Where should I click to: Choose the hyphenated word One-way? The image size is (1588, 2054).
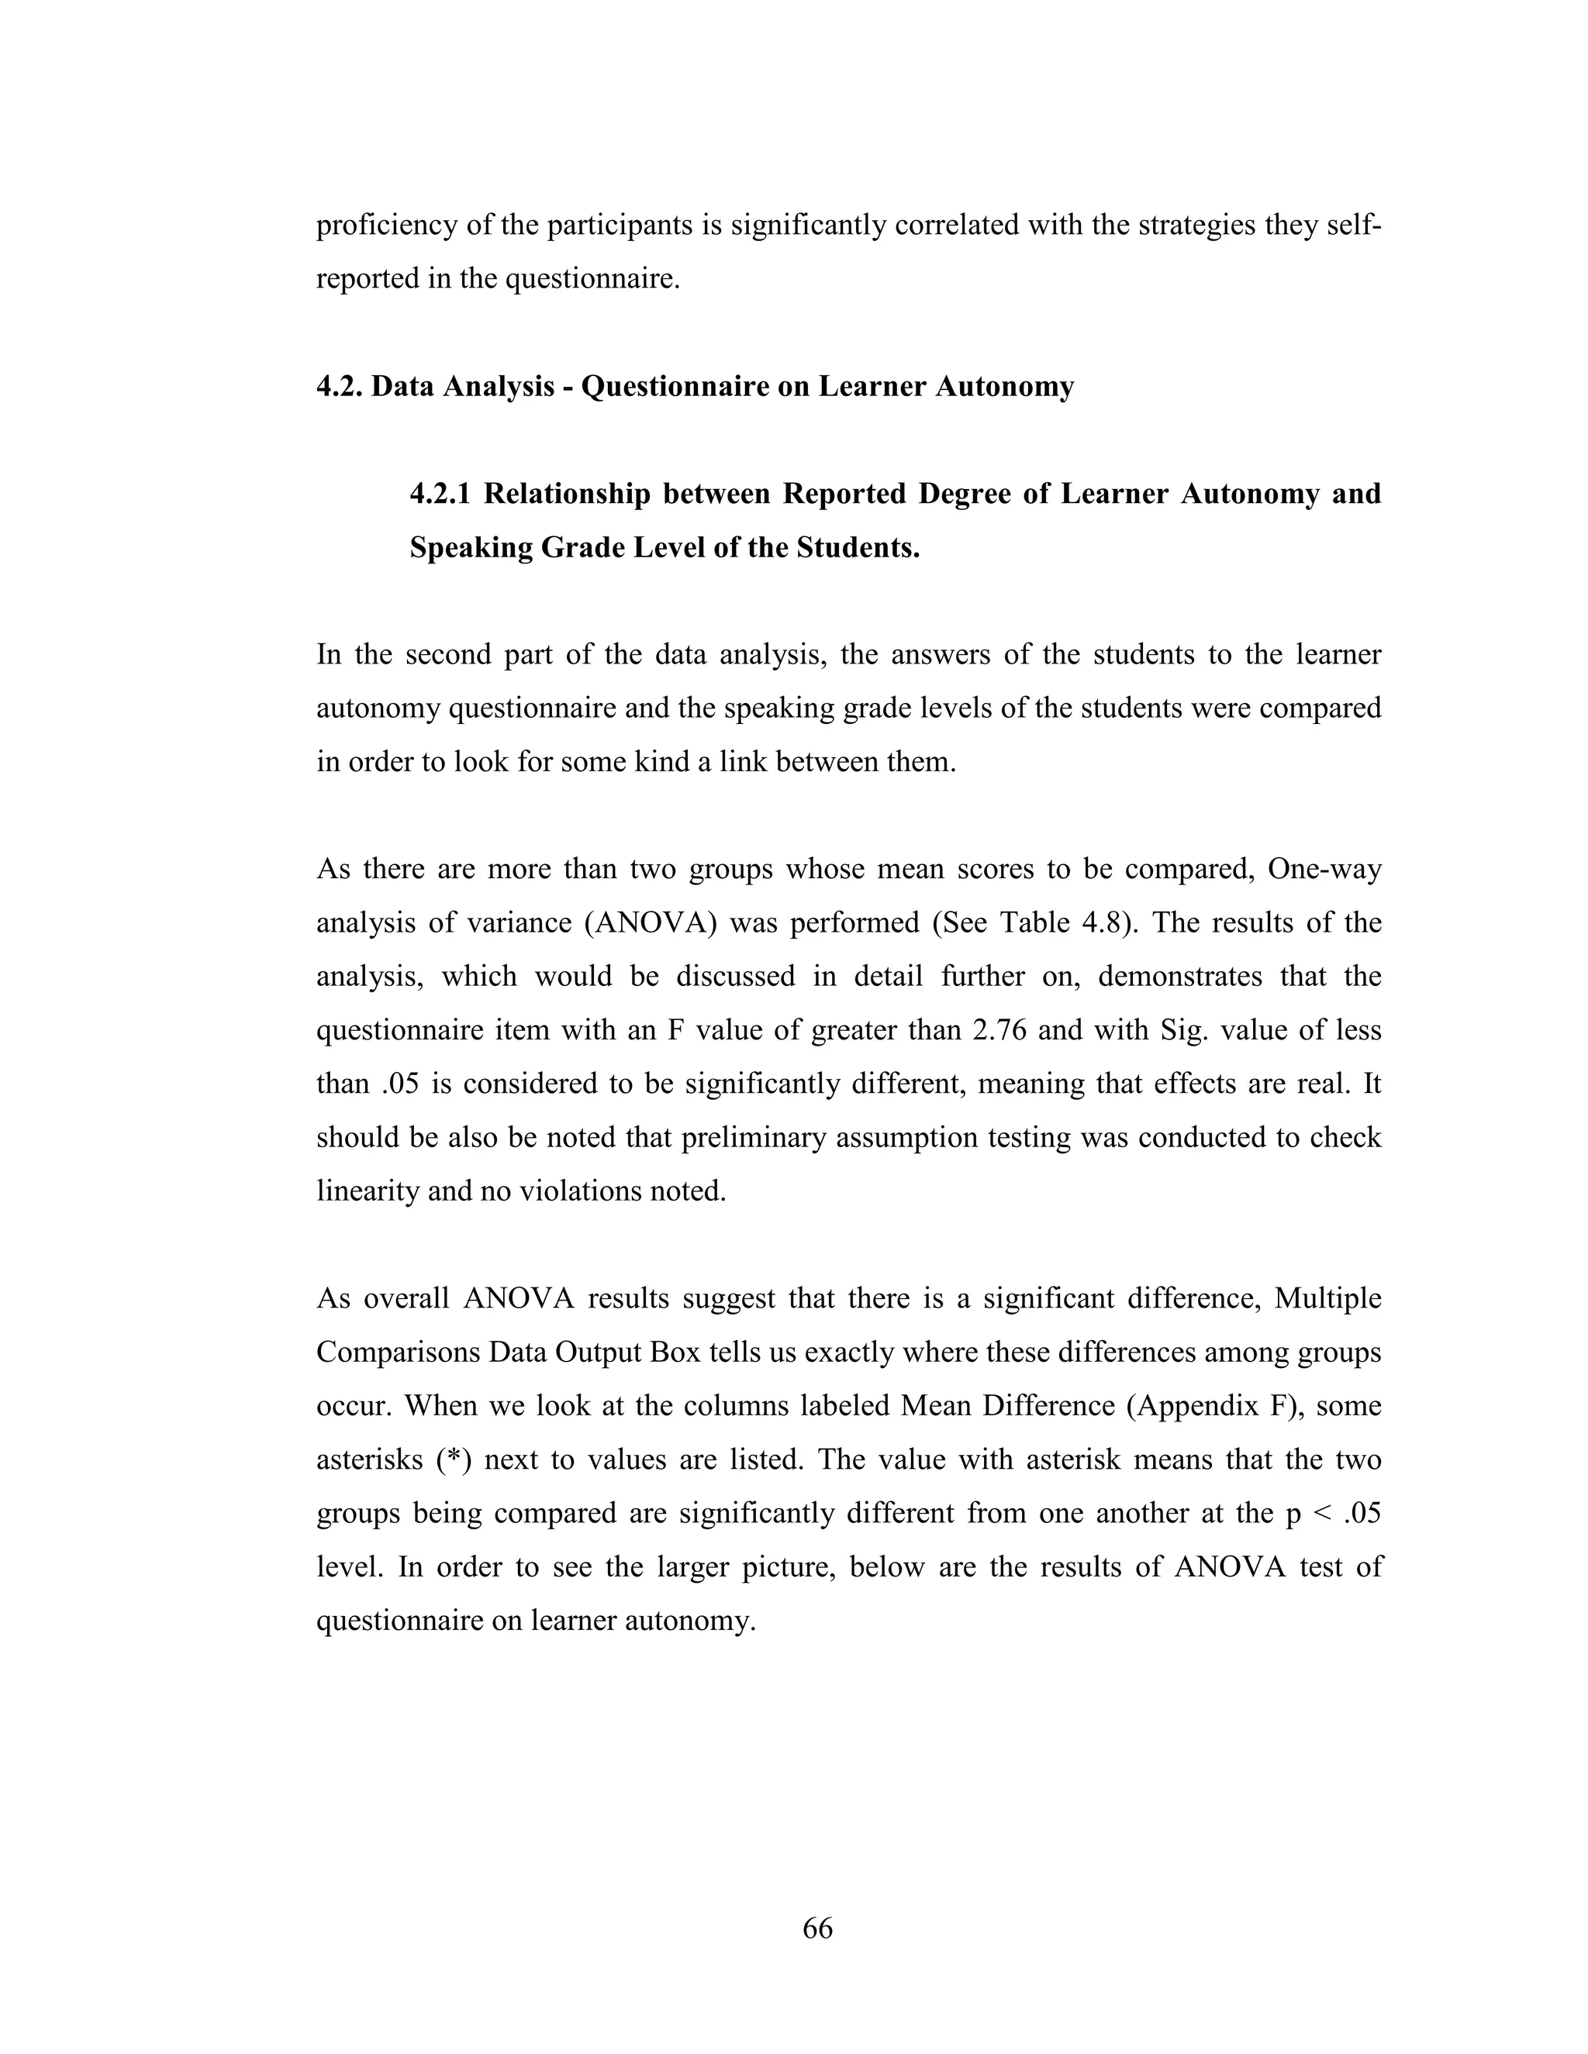[x=1324, y=869]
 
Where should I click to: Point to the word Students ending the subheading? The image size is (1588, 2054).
[x=858, y=547]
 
